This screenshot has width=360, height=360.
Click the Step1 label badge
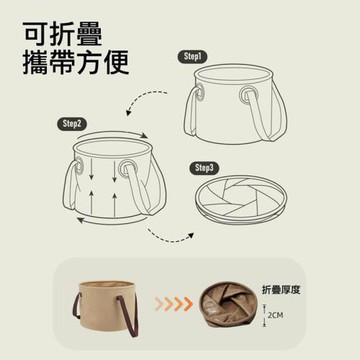click(191, 57)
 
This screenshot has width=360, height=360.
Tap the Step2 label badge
click(71, 124)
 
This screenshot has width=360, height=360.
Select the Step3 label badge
click(204, 168)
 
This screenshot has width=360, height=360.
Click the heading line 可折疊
click(62, 34)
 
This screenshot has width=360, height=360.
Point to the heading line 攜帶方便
click(76, 62)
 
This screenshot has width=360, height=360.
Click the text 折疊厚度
click(281, 290)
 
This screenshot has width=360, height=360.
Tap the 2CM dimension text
click(275, 315)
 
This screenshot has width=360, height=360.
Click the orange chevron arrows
click(174, 303)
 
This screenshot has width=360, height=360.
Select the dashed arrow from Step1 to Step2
click(142, 98)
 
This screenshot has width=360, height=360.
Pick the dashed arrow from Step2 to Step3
click(167, 238)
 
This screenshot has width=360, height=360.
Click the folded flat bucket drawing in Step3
click(241, 200)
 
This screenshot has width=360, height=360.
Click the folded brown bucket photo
click(229, 305)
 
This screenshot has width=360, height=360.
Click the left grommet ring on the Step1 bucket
click(200, 92)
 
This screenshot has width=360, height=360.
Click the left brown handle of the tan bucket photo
click(76, 306)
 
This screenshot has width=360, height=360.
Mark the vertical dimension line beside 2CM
click(264, 315)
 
